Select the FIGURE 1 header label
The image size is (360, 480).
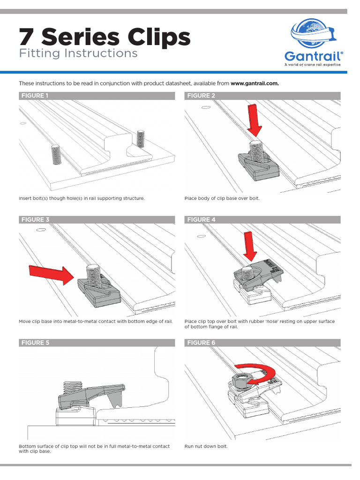pyautogui.click(x=35, y=96)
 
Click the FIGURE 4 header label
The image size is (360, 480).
pyautogui.click(x=201, y=219)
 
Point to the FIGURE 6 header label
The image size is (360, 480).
pyautogui.click(x=201, y=343)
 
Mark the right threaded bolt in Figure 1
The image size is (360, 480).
pyautogui.click(x=141, y=138)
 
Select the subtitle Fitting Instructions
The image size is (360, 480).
pyautogui.click(x=78, y=53)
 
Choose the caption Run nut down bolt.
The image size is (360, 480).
pyautogui.click(x=206, y=446)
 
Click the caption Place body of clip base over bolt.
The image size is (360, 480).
pyautogui.click(x=222, y=198)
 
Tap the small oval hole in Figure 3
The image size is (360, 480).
pyautogui.click(x=40, y=230)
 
